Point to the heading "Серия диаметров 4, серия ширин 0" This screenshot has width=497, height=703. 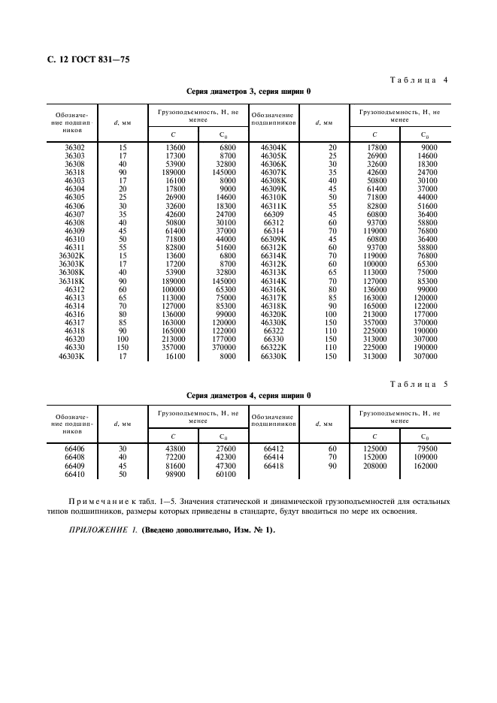click(x=248, y=395)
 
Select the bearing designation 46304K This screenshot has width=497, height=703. click(x=274, y=148)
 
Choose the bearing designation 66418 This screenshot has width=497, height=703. click(x=274, y=466)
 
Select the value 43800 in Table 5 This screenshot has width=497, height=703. click(x=174, y=448)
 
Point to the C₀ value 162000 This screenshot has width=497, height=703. click(x=425, y=466)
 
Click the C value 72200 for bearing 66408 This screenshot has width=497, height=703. click(x=174, y=457)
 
